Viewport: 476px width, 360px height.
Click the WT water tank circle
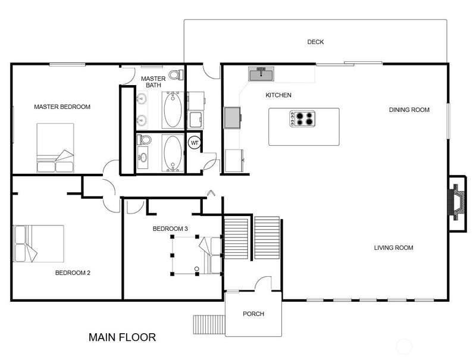[195, 143]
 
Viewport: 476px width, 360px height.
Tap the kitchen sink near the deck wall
[261, 74]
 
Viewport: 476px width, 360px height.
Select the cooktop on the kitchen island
[302, 118]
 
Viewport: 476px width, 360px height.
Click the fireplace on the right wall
[458, 202]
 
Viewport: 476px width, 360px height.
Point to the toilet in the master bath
[176, 74]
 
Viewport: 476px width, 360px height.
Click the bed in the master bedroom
[55, 148]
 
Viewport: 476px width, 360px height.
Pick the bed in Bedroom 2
[39, 243]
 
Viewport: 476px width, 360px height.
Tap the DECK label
[315, 42]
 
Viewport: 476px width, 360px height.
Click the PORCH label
[253, 314]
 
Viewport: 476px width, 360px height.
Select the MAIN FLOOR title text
[123, 337]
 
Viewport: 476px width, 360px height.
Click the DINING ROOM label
[409, 110]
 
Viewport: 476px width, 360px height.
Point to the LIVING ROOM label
[393, 248]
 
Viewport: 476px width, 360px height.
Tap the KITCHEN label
[278, 95]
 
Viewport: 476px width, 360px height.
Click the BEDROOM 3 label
[170, 228]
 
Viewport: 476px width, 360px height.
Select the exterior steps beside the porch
[209, 324]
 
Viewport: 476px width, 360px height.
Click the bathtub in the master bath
[173, 109]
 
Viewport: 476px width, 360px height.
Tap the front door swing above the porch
[263, 283]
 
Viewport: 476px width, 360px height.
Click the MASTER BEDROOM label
[62, 107]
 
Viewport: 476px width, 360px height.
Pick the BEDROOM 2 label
[73, 273]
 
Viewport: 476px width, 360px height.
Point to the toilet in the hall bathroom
[144, 140]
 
